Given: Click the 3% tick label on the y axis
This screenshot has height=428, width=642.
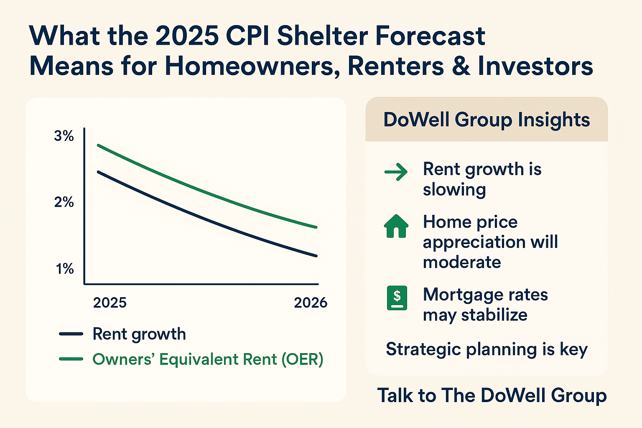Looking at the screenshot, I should (x=64, y=136).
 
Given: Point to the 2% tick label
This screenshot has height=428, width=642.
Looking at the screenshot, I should (x=64, y=202).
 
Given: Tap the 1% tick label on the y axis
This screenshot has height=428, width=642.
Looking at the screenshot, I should (x=65, y=269).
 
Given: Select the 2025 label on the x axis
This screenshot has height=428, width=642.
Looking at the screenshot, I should (x=110, y=303).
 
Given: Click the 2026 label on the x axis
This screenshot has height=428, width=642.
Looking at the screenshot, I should (x=311, y=303).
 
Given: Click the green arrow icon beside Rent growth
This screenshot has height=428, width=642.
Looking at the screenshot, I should (x=396, y=172).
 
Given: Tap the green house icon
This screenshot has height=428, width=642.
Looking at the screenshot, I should (x=396, y=226).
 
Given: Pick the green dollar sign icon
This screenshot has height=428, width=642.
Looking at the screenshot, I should (x=397, y=298).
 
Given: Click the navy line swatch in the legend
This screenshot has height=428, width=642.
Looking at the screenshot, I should (x=71, y=334).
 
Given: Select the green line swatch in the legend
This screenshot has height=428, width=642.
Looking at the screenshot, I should (x=71, y=359).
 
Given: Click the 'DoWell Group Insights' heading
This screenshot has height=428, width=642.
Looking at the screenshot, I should (x=487, y=120).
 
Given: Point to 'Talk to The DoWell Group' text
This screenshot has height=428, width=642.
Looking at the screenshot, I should (x=492, y=395).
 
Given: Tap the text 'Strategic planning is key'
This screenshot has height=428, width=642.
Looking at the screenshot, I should (x=487, y=349).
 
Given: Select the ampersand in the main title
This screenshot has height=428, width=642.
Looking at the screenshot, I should (x=461, y=66).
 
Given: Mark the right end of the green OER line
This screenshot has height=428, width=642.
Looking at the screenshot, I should (x=316, y=227).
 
